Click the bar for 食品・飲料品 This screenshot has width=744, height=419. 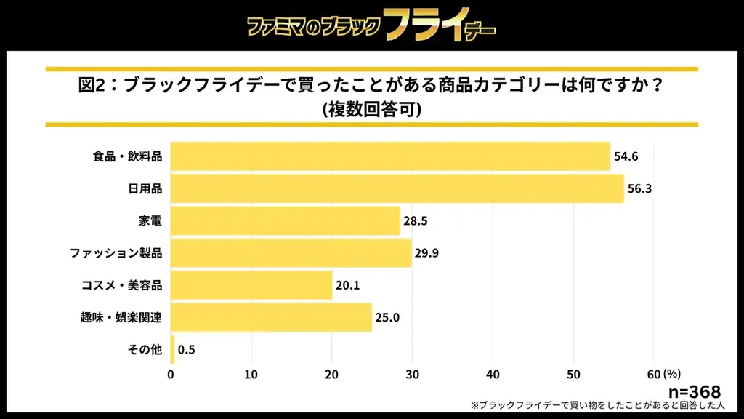390,156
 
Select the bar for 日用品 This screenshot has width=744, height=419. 397,188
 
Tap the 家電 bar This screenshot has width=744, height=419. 285,220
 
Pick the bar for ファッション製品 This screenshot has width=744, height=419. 291,253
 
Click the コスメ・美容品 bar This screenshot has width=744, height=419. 251,285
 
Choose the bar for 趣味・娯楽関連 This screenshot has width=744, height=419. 271,317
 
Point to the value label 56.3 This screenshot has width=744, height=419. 639,188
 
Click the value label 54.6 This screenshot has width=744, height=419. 626,156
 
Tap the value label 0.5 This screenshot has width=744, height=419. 187,350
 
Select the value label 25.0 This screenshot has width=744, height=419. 387,317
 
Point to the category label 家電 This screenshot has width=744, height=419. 150,220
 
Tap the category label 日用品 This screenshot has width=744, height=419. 145,188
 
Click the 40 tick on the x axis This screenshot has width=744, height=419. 493,374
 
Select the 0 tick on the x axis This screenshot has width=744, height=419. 171,374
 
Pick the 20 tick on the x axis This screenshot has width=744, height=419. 332,374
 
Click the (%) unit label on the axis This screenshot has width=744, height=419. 672,374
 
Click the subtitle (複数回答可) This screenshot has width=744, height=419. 371,109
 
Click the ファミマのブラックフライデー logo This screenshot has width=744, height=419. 371,25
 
